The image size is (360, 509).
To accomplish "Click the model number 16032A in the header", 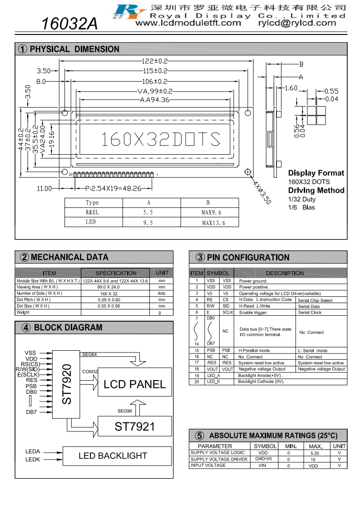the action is pos(69,24).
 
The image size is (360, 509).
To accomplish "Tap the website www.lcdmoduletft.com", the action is pos(188,23).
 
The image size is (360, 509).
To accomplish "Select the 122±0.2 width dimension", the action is pos(155,61).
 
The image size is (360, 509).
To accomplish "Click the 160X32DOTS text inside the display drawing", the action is pos(161,139).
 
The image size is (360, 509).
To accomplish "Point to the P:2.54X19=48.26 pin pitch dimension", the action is pos(113,188).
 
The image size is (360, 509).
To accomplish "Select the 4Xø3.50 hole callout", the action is pos(262,192).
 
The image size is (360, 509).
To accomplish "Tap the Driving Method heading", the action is pos(316,190).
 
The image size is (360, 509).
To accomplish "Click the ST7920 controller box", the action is pos(66,384).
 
